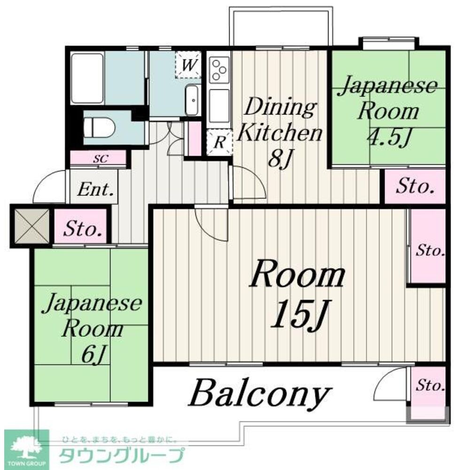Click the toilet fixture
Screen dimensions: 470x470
tap(97, 126)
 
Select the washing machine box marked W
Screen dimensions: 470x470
tap(188, 65)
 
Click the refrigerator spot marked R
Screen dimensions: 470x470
tap(219, 142)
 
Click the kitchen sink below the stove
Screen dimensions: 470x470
tap(219, 104)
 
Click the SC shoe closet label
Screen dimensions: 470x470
tap(99, 159)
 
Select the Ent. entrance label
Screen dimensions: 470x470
tap(95, 190)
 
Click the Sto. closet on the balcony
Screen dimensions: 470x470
tap(429, 387)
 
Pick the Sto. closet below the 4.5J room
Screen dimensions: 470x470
tap(415, 187)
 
